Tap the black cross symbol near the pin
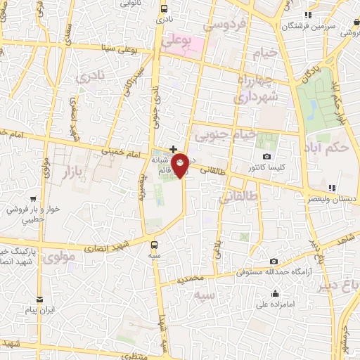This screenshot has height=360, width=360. [173, 149]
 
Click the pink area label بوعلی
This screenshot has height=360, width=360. [176, 43]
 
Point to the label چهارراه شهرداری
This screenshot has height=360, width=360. [256, 88]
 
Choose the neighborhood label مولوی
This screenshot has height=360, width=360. [56, 258]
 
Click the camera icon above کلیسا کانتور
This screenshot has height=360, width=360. [266, 156]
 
